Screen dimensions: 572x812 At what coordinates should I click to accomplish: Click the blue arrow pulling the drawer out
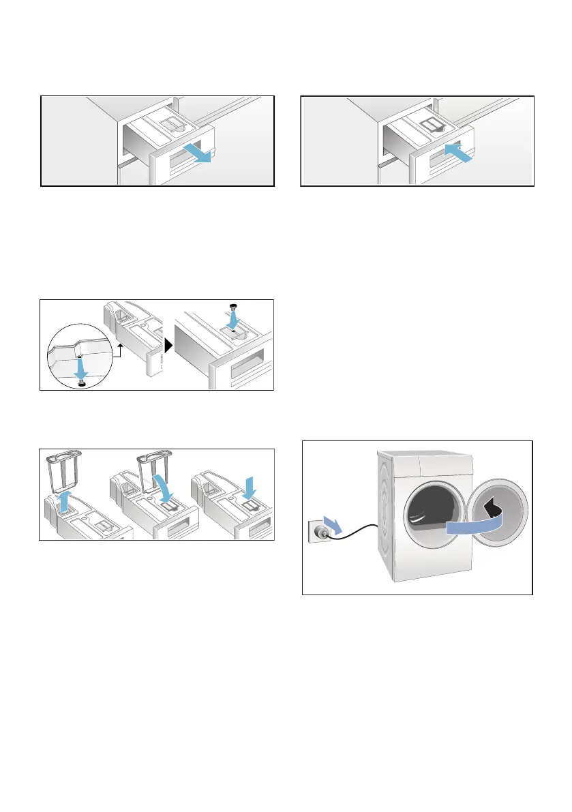coord(200,155)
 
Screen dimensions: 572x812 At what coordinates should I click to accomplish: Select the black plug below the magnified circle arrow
coord(82,385)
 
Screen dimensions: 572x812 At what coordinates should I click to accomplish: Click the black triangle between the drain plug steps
coord(168,345)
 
